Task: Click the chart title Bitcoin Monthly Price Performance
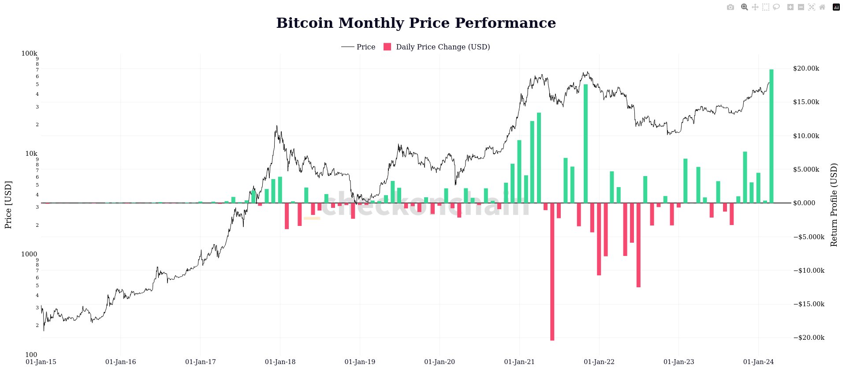pyautogui.click(x=416, y=23)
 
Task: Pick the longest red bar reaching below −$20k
pyautogui.click(x=552, y=274)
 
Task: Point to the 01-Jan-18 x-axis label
pyautogui.click(x=280, y=362)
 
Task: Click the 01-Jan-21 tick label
pyautogui.click(x=519, y=362)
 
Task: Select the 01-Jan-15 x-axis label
pyautogui.click(x=41, y=362)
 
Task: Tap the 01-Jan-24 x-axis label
pyautogui.click(x=758, y=362)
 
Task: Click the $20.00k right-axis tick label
pyautogui.click(x=806, y=68)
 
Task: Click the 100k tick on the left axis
pyautogui.click(x=29, y=53)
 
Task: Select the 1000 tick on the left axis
pyautogui.click(x=29, y=254)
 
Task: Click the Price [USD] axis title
pyautogui.click(x=8, y=205)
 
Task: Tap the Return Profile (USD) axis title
pyautogui.click(x=834, y=205)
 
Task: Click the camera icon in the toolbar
pyautogui.click(x=730, y=7)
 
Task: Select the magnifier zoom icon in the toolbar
pyautogui.click(x=744, y=7)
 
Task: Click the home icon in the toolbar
pyautogui.click(x=822, y=7)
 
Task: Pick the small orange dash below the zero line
pyautogui.click(x=312, y=218)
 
